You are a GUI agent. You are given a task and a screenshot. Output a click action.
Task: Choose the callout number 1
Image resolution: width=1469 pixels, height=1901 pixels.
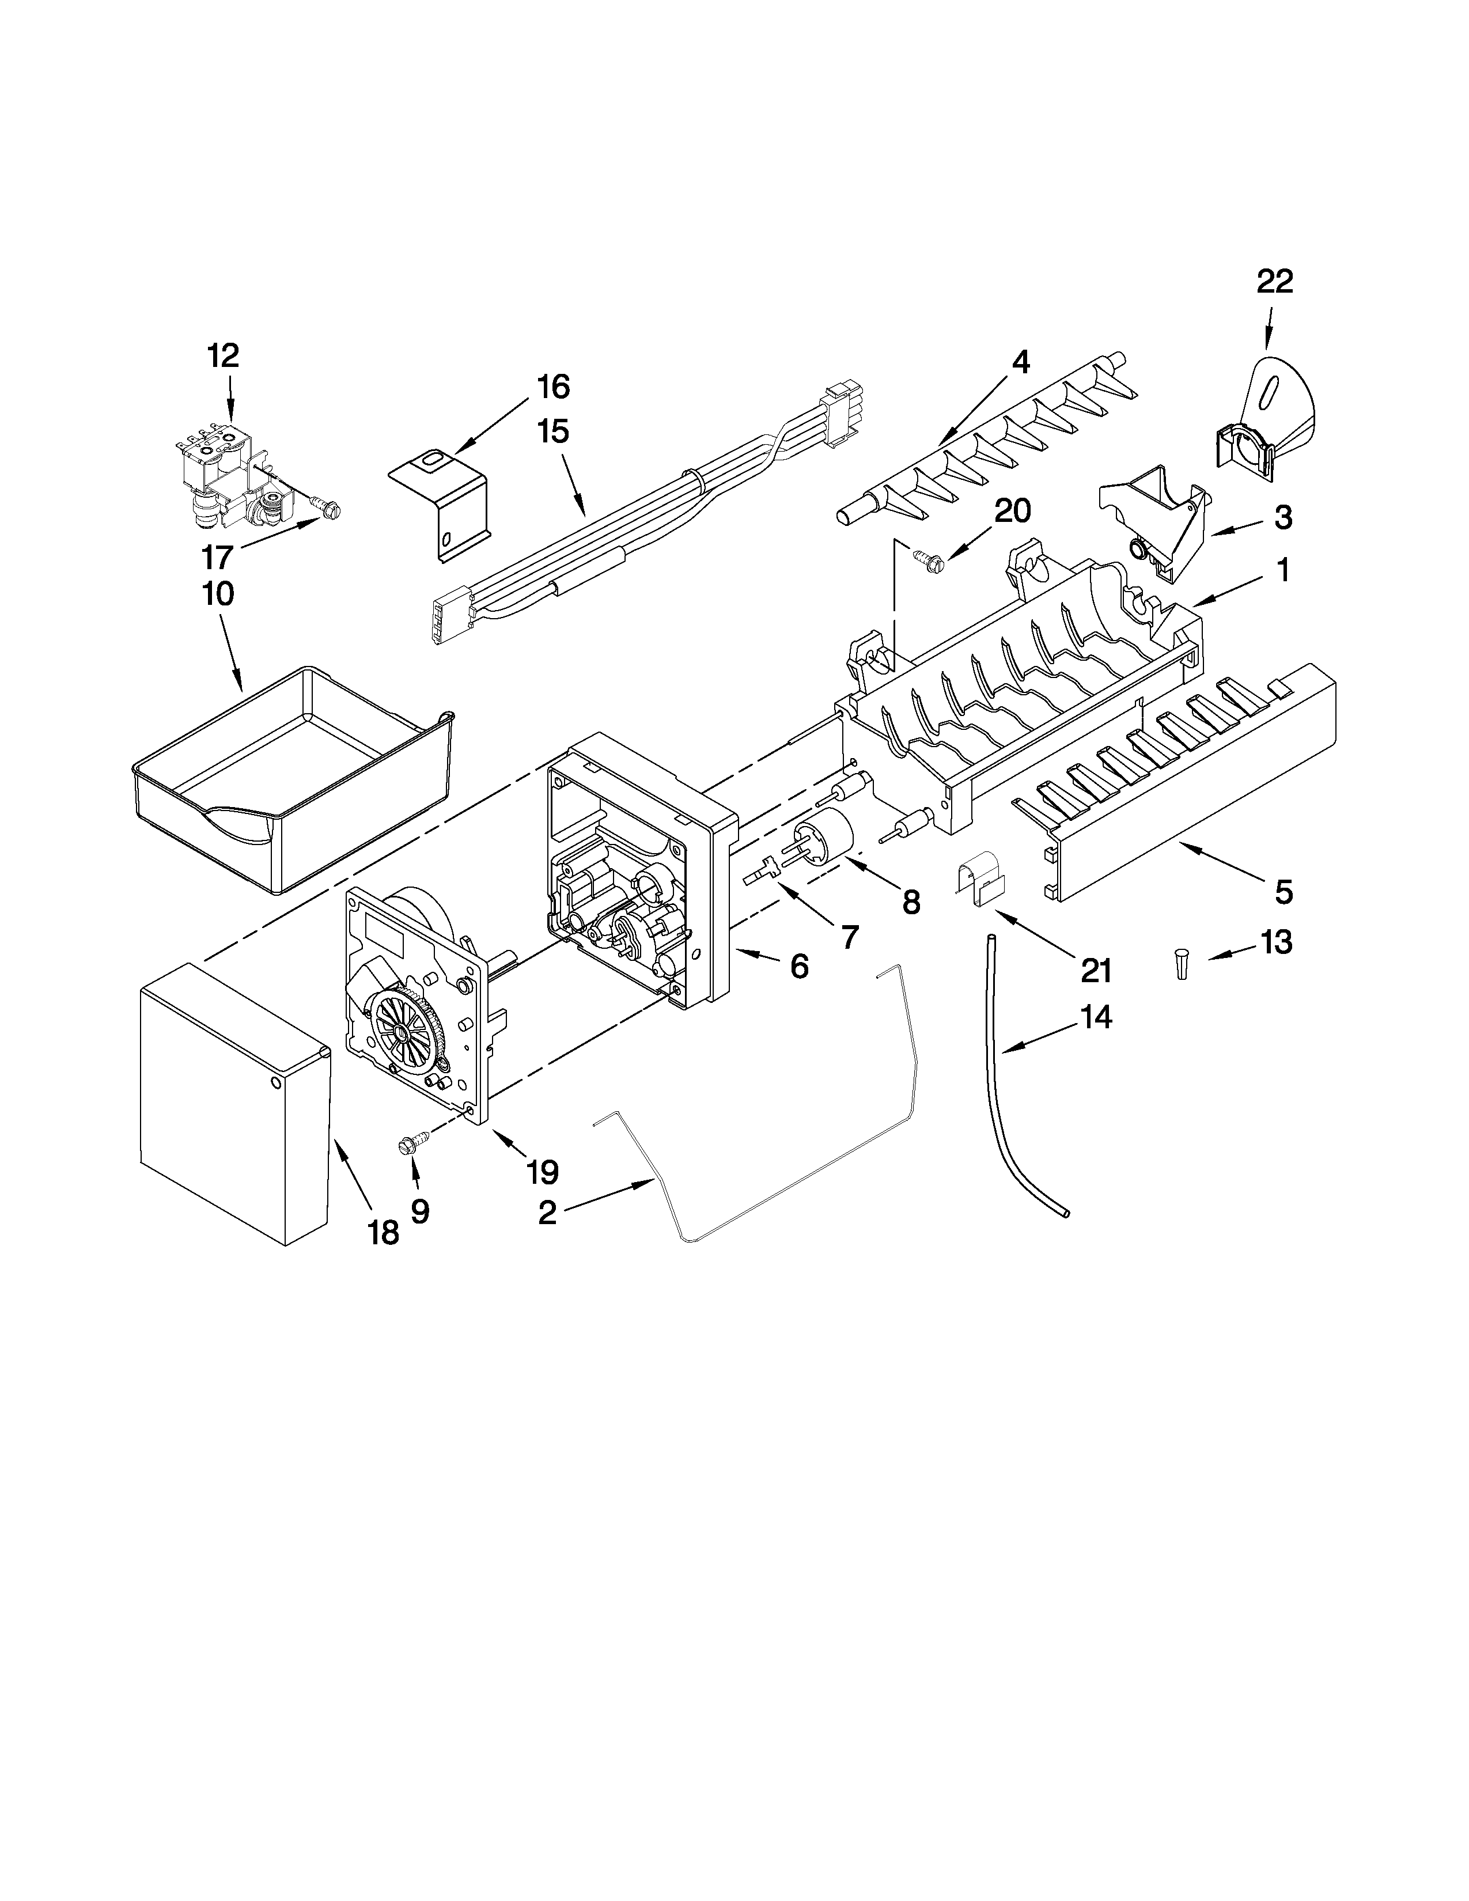point(1282,570)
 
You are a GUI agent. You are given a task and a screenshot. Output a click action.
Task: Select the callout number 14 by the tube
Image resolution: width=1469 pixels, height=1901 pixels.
point(1096,1017)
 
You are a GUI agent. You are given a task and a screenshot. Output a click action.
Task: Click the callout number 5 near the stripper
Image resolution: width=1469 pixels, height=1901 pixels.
point(1283,892)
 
